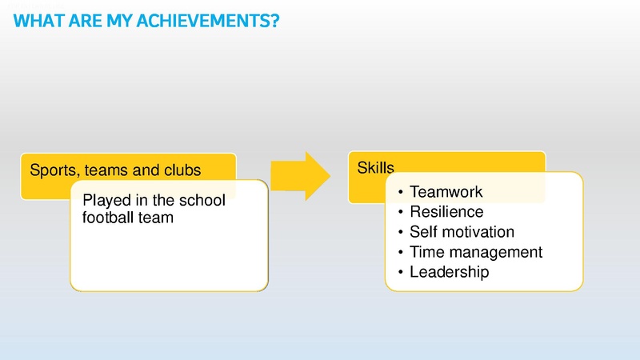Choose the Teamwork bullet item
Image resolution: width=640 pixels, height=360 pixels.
tap(446, 192)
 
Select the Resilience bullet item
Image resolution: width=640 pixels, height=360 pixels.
tap(446, 212)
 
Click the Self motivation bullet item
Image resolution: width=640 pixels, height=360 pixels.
tap(462, 232)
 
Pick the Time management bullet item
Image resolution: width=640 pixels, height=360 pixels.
tap(475, 252)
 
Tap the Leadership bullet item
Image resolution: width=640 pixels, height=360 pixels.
tap(449, 272)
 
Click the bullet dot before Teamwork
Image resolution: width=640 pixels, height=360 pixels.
tap(400, 193)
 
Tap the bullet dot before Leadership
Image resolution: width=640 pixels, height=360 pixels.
tap(400, 273)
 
